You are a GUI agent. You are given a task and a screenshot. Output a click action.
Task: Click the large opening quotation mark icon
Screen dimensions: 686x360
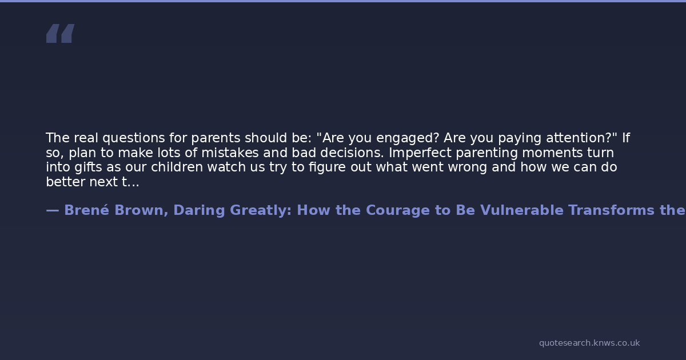pyautogui.click(x=61, y=33)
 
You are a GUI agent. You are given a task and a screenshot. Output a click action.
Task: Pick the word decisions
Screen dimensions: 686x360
pyautogui.click(x=352, y=153)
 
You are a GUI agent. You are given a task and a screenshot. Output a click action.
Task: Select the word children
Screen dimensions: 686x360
pyautogui.click(x=177, y=167)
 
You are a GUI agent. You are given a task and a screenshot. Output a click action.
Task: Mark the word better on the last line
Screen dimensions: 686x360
pyautogui.click(x=65, y=182)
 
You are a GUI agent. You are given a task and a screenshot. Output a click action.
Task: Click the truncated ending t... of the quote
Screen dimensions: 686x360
pyautogui.click(x=130, y=182)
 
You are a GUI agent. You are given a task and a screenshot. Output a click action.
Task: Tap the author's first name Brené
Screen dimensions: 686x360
pyautogui.click(x=87, y=210)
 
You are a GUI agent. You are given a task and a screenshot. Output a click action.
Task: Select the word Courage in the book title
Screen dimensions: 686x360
pyautogui.click(x=398, y=211)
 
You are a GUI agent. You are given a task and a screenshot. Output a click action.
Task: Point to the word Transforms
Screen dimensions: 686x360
pyautogui.click(x=611, y=210)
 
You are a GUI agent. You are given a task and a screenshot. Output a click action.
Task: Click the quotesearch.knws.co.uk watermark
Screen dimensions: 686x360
pyautogui.click(x=589, y=343)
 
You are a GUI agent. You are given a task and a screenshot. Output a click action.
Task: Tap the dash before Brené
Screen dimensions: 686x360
pyautogui.click(x=53, y=211)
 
